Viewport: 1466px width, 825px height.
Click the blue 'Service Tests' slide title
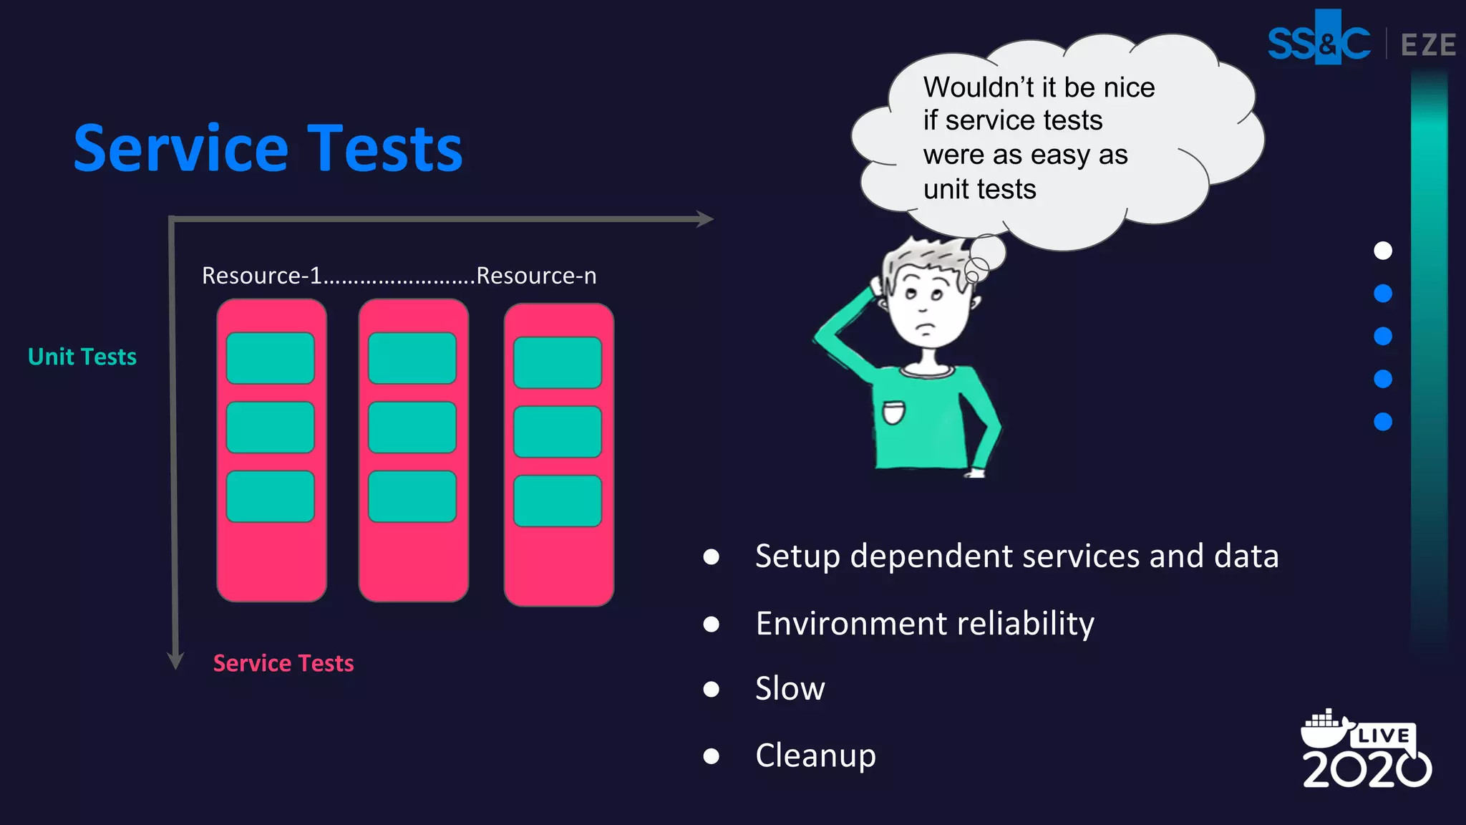tap(268, 148)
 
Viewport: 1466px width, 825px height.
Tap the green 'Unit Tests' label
tap(82, 357)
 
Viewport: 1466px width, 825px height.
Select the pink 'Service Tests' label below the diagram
tap(283, 663)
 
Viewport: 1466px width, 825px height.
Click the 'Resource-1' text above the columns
tap(261, 276)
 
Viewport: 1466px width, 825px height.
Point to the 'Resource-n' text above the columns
tap(536, 276)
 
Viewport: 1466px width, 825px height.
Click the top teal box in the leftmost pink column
tap(270, 358)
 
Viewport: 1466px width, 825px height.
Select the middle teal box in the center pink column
tap(412, 428)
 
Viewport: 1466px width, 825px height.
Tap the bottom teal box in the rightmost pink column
tap(557, 501)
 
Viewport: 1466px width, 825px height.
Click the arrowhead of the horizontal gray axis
tap(705, 218)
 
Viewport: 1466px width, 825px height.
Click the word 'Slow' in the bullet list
tap(790, 689)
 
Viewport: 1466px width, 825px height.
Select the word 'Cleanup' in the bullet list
tap(815, 756)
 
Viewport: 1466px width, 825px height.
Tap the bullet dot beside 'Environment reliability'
tap(711, 624)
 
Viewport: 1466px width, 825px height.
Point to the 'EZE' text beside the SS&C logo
tap(1428, 45)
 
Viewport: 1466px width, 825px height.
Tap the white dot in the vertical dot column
tap(1383, 251)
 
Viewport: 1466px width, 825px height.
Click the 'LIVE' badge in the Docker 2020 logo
tap(1383, 736)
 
